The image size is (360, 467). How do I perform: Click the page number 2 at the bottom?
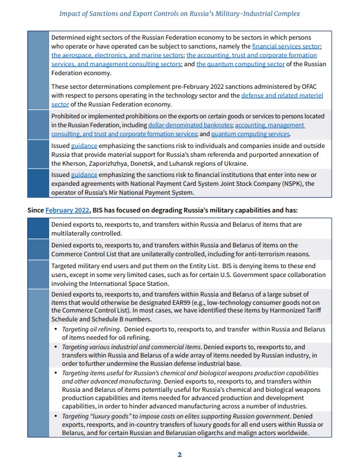tap(179, 455)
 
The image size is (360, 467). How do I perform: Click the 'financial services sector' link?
tap(286, 46)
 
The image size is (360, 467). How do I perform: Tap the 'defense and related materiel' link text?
tap(282, 95)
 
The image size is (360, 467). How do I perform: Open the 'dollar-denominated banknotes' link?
tap(190, 125)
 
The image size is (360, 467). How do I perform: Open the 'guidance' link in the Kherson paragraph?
tap(80, 146)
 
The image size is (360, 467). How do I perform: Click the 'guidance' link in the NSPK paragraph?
tap(80, 175)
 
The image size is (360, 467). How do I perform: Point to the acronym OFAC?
tap(313, 86)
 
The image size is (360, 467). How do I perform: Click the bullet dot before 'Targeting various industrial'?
tap(56, 347)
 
